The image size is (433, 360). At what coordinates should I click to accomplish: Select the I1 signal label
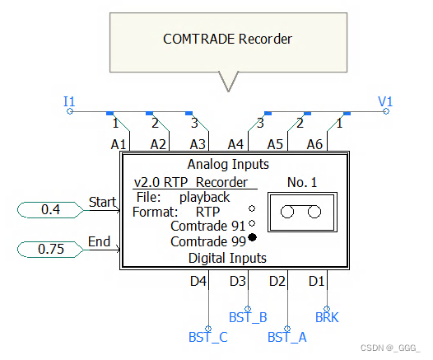pyautogui.click(x=69, y=101)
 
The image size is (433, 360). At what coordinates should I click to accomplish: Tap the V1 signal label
pyautogui.click(x=385, y=101)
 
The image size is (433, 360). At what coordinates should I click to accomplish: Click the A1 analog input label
pyautogui.click(x=119, y=143)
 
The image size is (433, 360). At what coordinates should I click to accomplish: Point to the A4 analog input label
pyautogui.click(x=235, y=143)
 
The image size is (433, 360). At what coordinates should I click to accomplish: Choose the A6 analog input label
pyautogui.click(x=314, y=143)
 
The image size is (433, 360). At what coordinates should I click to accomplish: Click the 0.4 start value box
pyautogui.click(x=50, y=210)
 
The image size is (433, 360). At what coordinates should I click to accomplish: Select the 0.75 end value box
pyautogui.click(x=50, y=248)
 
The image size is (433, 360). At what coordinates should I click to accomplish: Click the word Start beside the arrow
pyautogui.click(x=102, y=202)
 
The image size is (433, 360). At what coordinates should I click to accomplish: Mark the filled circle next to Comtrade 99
pyautogui.click(x=252, y=238)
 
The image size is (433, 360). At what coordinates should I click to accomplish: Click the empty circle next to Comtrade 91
pyautogui.click(x=252, y=223)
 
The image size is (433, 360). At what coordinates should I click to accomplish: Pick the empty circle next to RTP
pyautogui.click(x=252, y=208)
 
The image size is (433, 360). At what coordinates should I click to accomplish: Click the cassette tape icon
pyautogui.click(x=301, y=213)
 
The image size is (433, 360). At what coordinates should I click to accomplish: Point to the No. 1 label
pyautogui.click(x=302, y=181)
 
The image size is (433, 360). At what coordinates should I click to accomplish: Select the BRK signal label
pyautogui.click(x=327, y=316)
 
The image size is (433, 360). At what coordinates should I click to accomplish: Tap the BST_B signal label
pyautogui.click(x=247, y=316)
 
